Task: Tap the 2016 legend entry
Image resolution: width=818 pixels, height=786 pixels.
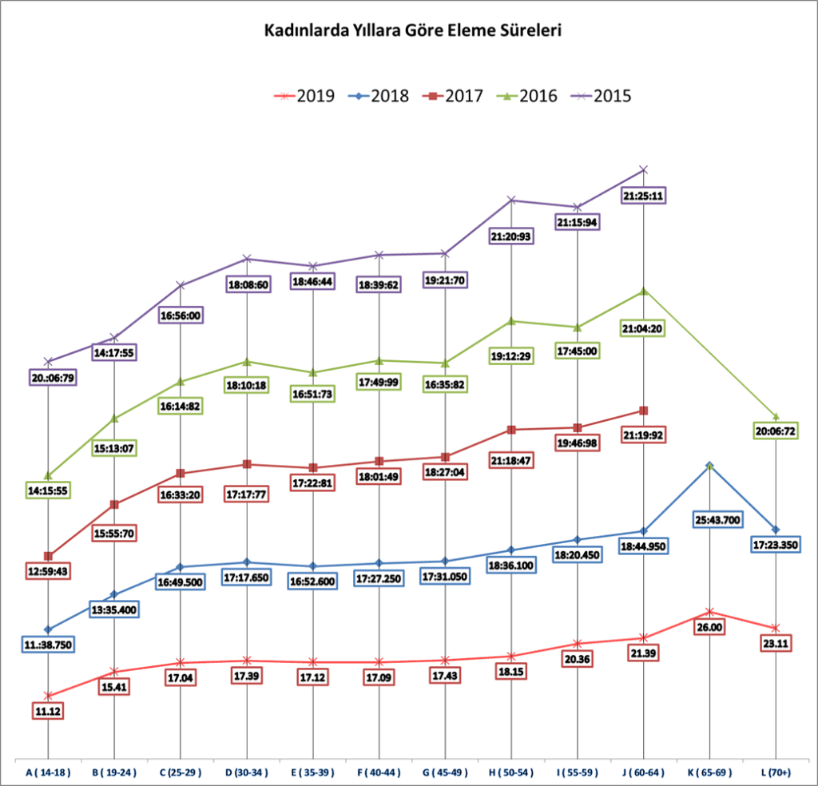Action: tap(528, 96)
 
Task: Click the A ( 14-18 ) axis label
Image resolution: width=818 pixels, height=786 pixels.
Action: tap(48, 772)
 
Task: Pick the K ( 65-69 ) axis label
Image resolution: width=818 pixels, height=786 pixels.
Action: tap(709, 772)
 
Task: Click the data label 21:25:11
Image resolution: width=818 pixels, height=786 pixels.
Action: tap(643, 195)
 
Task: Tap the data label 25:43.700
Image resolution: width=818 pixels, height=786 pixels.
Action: tap(709, 520)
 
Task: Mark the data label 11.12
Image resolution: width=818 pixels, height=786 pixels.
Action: tap(49, 711)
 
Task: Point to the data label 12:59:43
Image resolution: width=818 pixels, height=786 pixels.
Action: tap(49, 571)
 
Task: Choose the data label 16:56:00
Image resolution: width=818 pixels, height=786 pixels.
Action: tap(180, 315)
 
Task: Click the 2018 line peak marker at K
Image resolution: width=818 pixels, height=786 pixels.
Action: tap(709, 465)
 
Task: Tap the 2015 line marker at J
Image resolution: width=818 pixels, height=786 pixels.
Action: tap(643, 169)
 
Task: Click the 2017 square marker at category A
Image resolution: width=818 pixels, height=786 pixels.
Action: tap(49, 556)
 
